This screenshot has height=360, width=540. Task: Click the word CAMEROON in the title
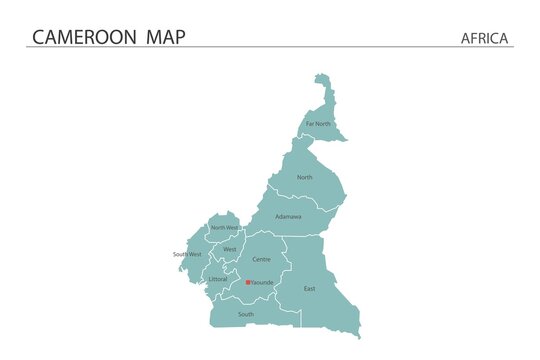point(83,37)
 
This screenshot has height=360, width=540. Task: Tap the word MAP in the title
point(161,37)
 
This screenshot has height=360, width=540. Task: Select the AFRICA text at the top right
point(485,38)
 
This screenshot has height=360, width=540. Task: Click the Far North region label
point(317,124)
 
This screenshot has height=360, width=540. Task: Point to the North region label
point(304,177)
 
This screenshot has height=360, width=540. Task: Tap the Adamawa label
point(288,216)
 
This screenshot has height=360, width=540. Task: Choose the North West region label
point(224,228)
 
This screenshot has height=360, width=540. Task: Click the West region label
point(230,249)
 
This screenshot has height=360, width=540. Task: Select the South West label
point(187,254)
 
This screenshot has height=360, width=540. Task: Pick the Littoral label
point(217,279)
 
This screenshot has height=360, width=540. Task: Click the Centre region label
point(261,259)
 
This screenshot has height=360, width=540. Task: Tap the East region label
point(309,288)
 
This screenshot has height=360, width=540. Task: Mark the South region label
point(246,314)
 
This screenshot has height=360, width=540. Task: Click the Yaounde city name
point(262,283)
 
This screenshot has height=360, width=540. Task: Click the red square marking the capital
point(248,282)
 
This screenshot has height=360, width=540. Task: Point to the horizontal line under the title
point(270,47)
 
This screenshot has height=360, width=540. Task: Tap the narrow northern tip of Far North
point(321,79)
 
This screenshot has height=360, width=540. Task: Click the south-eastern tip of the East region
point(356,335)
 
